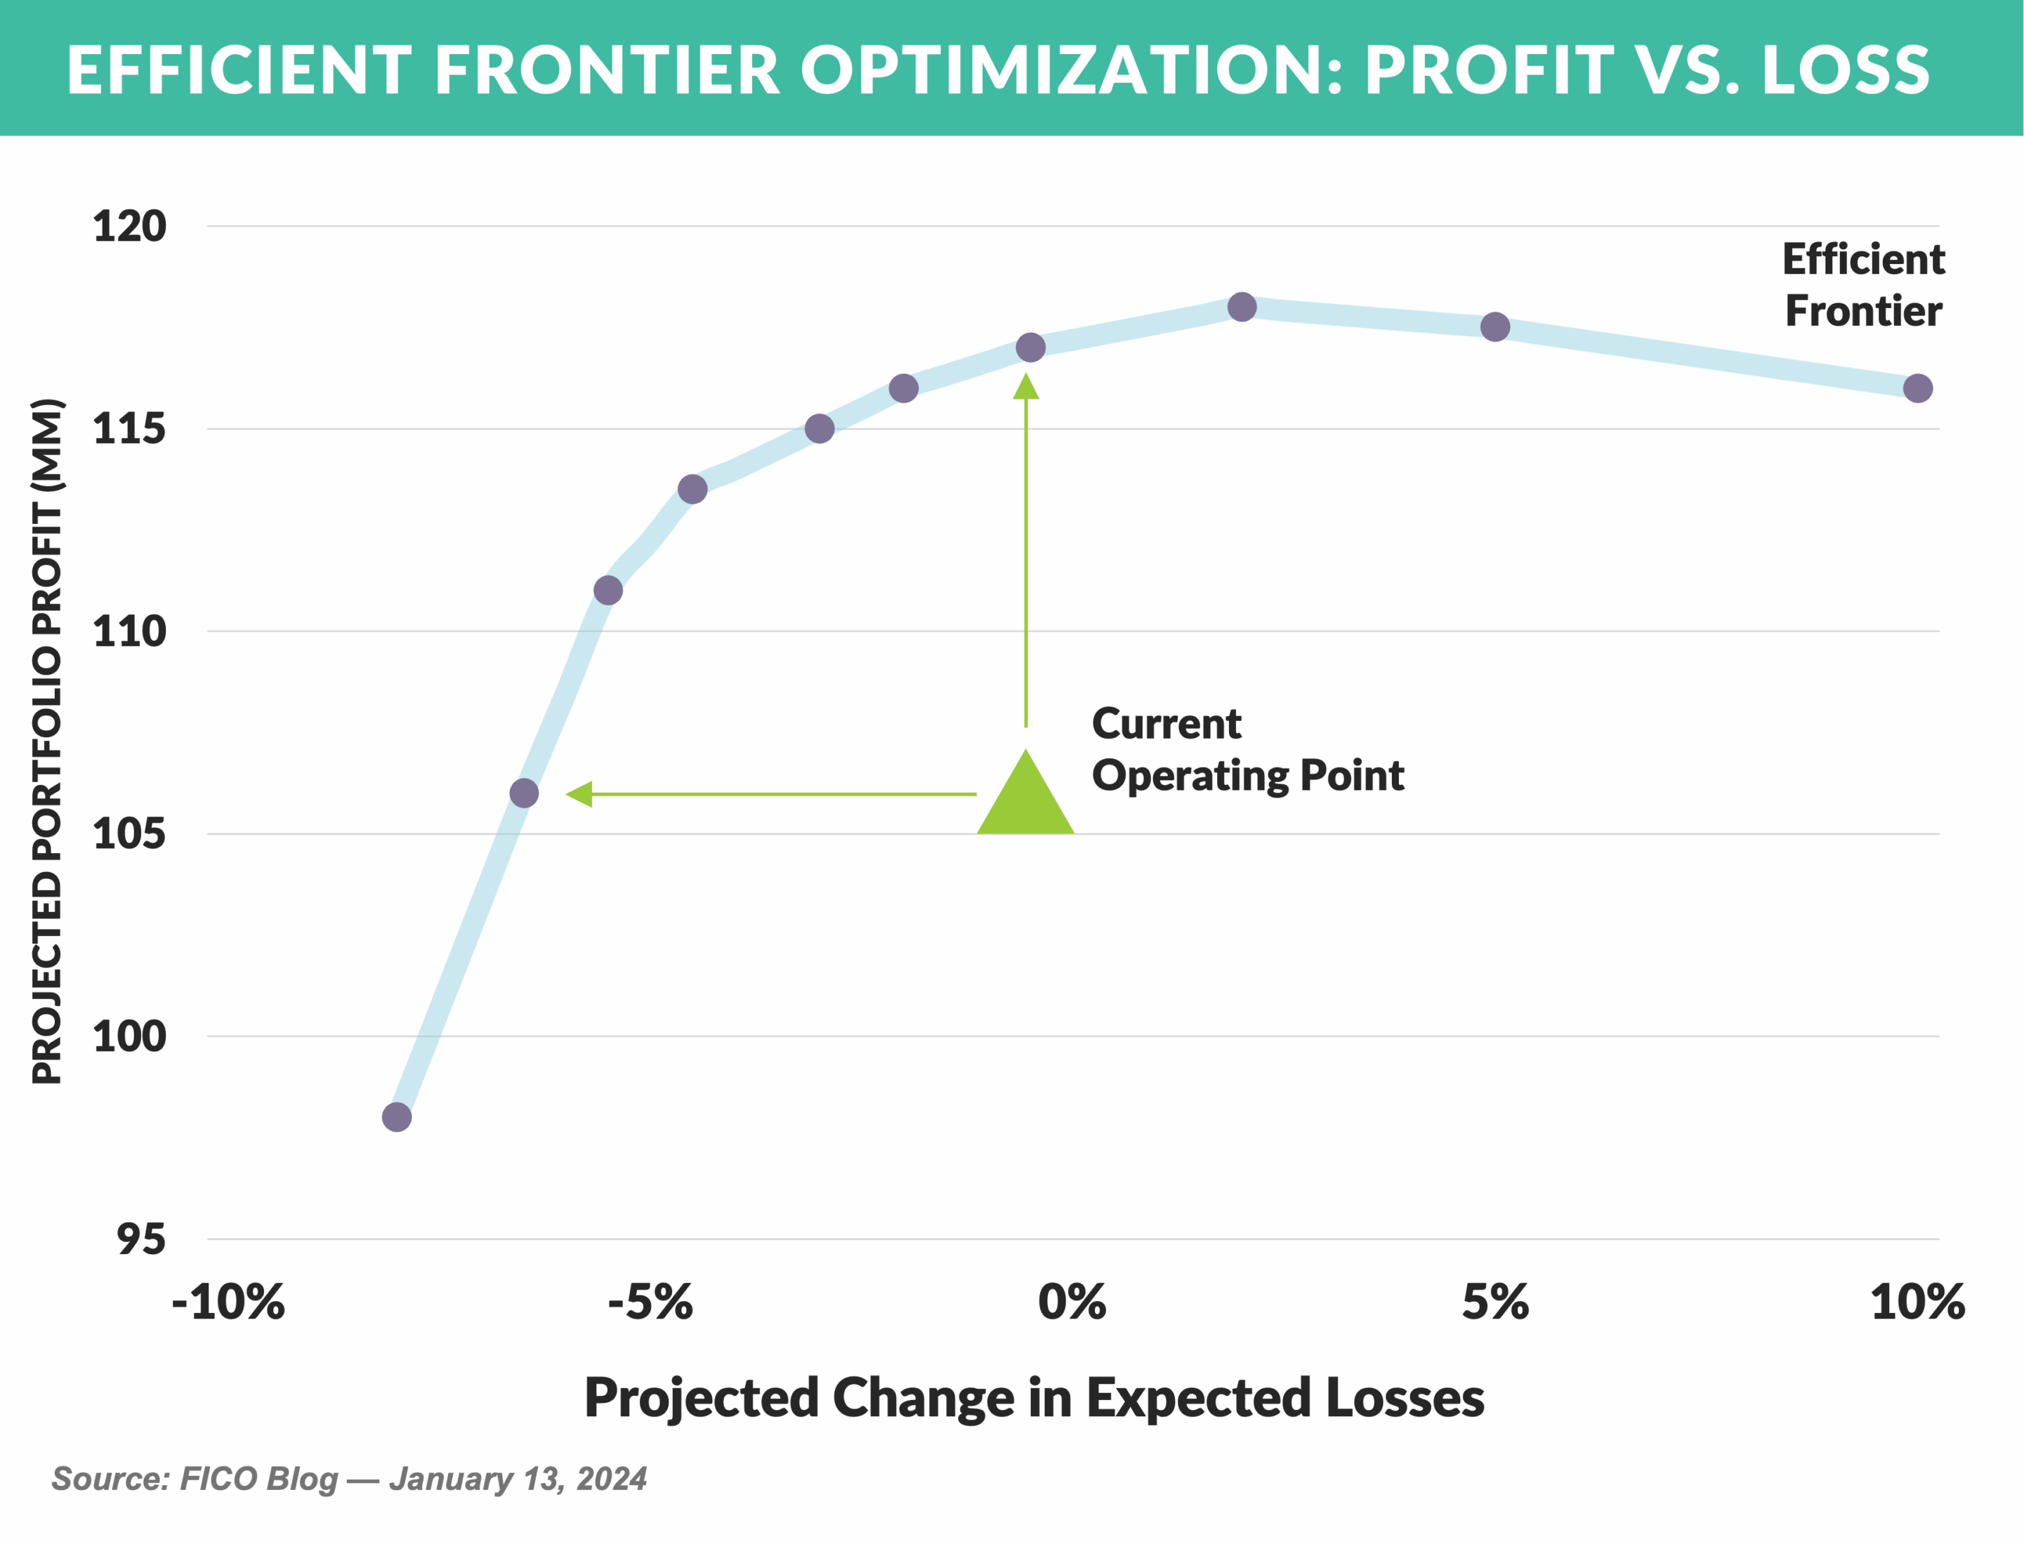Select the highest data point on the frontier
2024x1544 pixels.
tap(1242, 307)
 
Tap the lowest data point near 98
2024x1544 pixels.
tap(396, 1118)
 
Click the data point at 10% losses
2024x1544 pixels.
tap(1917, 388)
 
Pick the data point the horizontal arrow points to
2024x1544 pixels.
tap(524, 793)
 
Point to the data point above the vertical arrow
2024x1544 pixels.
tap(1030, 348)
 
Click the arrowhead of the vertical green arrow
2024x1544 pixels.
tap(1026, 387)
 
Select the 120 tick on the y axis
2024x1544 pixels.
tap(130, 227)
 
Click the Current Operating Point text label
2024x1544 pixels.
tap(1247, 750)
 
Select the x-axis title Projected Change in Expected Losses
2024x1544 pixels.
tap(1034, 1398)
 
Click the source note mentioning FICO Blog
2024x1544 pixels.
tap(349, 1479)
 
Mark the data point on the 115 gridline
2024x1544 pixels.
tap(819, 428)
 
